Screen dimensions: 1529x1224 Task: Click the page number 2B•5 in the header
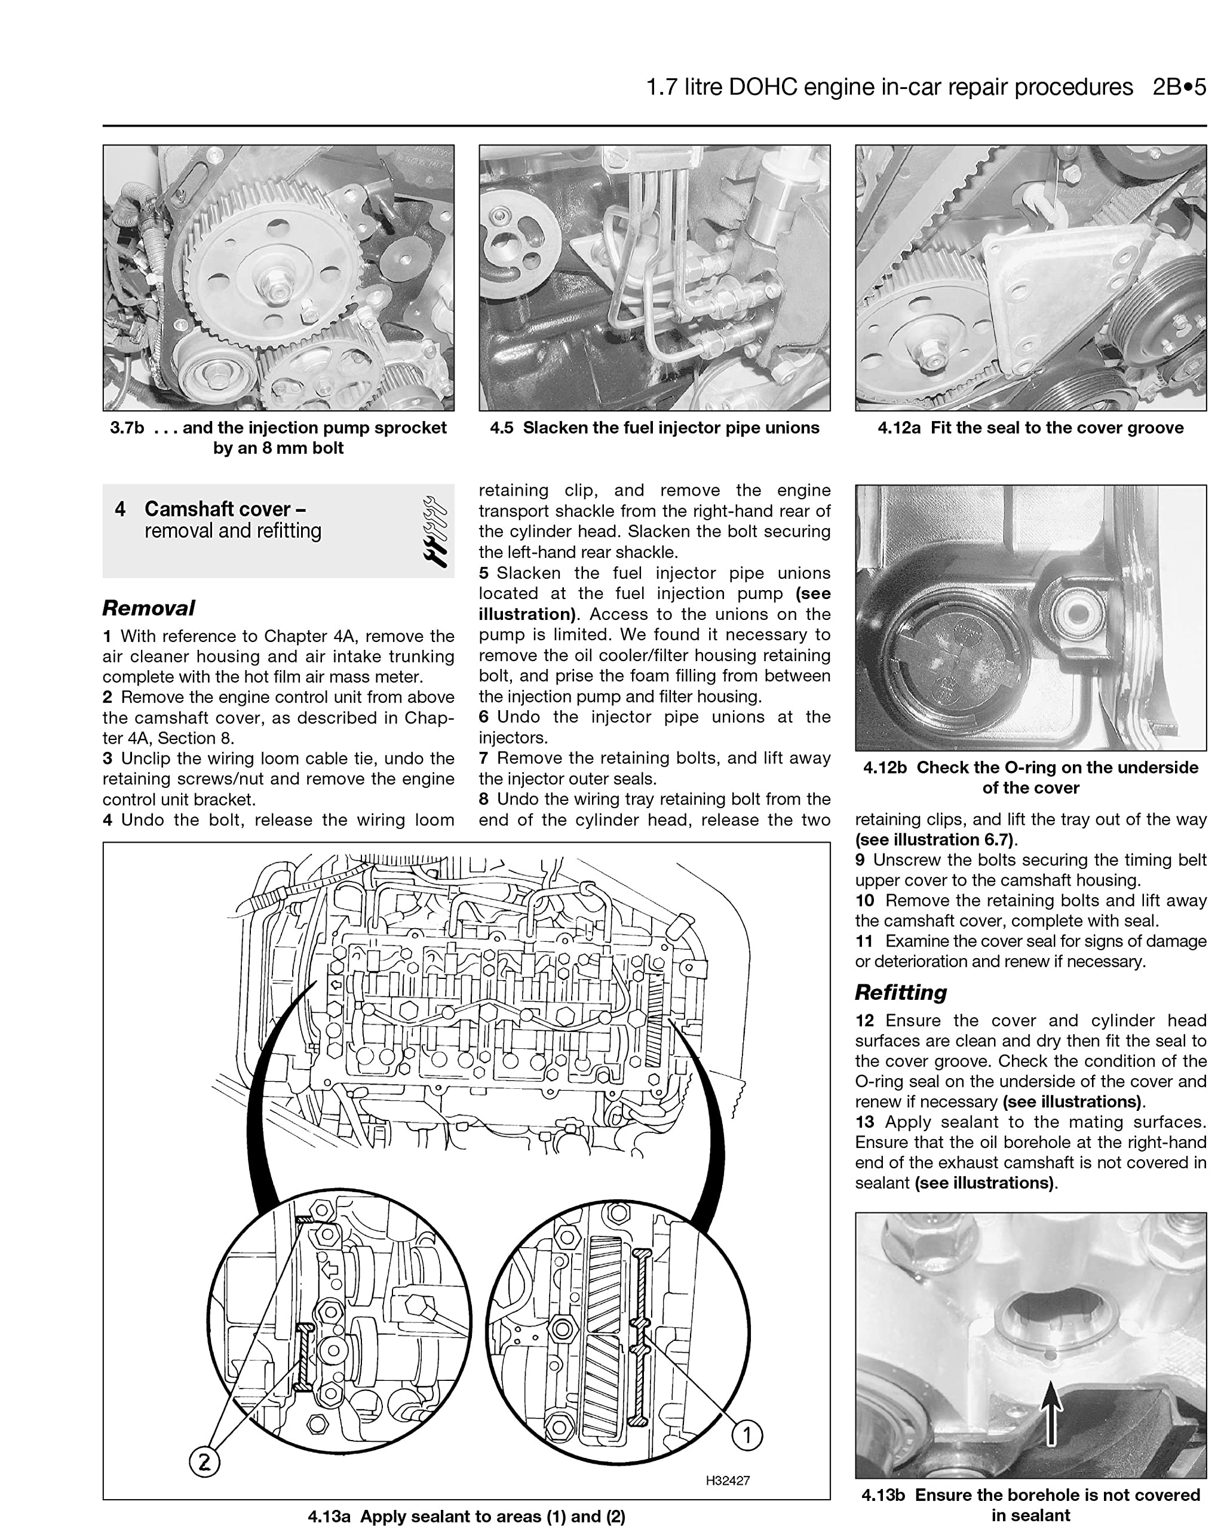click(1179, 87)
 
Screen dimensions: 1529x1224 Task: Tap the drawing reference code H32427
click(728, 1480)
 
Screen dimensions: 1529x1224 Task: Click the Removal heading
click(148, 608)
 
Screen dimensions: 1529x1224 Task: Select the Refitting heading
click(901, 992)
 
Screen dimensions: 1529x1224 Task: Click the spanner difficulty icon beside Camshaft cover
click(434, 531)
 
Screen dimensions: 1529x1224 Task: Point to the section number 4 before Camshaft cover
click(121, 509)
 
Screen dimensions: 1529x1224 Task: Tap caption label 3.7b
click(127, 428)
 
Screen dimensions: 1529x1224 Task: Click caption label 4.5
click(501, 428)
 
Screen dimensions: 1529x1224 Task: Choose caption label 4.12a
click(899, 428)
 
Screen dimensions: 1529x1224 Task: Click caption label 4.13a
click(329, 1516)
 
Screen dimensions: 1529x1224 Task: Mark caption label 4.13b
click(884, 1495)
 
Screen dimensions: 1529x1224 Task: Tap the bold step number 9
click(860, 859)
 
